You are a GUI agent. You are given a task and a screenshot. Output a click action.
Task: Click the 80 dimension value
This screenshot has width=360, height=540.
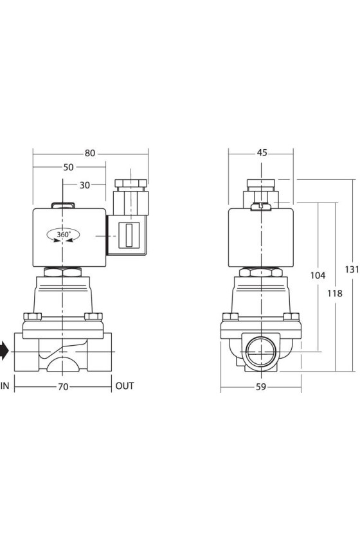90,153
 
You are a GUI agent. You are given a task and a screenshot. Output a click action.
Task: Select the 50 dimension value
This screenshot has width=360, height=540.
68,167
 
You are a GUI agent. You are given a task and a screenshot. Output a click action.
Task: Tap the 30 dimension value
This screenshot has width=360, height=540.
85,185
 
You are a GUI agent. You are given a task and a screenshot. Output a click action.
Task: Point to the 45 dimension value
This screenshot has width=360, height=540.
262,152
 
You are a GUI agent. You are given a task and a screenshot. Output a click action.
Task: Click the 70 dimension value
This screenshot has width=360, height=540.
63,387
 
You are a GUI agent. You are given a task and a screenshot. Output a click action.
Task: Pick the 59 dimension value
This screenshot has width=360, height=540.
261,387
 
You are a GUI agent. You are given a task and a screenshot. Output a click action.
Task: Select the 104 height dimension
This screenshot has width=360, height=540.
318,276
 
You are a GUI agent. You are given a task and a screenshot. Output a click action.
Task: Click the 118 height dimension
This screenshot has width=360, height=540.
335,293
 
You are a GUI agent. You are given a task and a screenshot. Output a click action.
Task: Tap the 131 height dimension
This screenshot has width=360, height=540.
352,269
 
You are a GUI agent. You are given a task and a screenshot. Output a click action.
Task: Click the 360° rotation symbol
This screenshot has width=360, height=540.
63,235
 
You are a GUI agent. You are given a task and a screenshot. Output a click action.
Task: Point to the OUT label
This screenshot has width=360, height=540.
125,386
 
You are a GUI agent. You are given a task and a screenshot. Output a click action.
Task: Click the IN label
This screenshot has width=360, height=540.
5,386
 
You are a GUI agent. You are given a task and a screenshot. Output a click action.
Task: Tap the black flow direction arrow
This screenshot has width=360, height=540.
4,351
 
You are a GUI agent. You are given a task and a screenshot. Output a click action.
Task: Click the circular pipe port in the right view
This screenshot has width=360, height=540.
261,352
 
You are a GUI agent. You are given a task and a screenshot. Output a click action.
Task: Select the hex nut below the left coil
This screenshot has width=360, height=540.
63,272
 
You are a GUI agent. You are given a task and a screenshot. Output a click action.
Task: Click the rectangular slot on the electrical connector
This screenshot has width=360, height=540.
129,235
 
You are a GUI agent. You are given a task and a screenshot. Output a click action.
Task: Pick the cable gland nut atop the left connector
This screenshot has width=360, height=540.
131,183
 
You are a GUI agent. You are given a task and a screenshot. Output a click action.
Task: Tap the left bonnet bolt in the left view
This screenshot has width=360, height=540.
32,316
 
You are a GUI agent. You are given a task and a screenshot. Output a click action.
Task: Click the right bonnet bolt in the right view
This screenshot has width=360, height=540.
291,316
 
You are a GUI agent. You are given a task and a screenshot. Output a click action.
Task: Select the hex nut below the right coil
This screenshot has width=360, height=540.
261,272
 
